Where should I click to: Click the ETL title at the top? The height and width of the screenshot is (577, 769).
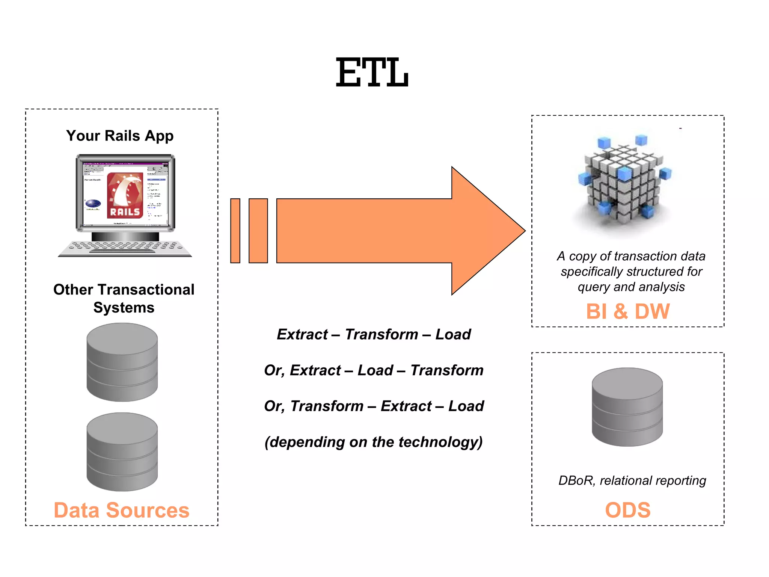tap(372, 73)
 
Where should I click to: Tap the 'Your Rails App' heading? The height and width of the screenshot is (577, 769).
tap(120, 136)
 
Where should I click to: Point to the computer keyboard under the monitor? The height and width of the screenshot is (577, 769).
tap(125, 248)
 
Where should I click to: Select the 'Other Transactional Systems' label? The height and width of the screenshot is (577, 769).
tap(124, 298)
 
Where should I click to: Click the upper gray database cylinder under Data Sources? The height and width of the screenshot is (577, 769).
tap(122, 362)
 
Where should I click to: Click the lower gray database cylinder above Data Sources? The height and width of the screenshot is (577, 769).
tap(122, 452)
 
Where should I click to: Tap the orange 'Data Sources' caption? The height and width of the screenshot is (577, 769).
tap(121, 510)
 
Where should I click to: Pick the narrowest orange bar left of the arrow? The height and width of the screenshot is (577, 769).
tap(235, 231)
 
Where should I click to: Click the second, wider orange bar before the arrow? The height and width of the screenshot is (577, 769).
tap(258, 231)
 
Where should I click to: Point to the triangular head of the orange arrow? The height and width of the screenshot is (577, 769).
tap(484, 231)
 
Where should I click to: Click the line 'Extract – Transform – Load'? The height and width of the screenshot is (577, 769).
tap(374, 334)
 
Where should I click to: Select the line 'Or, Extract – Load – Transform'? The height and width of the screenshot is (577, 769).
tap(374, 370)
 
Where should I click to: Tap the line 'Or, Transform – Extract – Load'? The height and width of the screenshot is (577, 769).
tap(374, 406)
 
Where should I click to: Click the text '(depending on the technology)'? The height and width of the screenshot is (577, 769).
tap(374, 442)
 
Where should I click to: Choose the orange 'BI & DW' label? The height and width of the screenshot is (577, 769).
tap(627, 311)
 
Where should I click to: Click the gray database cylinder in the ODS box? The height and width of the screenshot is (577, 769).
tap(627, 407)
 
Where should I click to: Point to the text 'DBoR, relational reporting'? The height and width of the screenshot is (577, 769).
tap(632, 480)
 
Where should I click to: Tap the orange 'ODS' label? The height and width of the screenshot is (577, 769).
tap(627, 510)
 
